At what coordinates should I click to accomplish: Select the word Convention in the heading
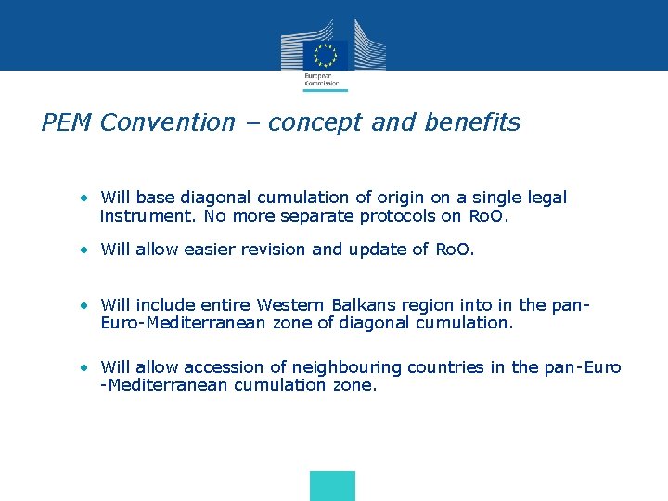click(168, 122)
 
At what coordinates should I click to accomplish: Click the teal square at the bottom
click(332, 486)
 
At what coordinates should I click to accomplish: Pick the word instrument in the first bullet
click(140, 216)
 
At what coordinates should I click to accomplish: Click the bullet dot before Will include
click(84, 305)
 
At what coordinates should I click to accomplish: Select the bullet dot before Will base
click(84, 198)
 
